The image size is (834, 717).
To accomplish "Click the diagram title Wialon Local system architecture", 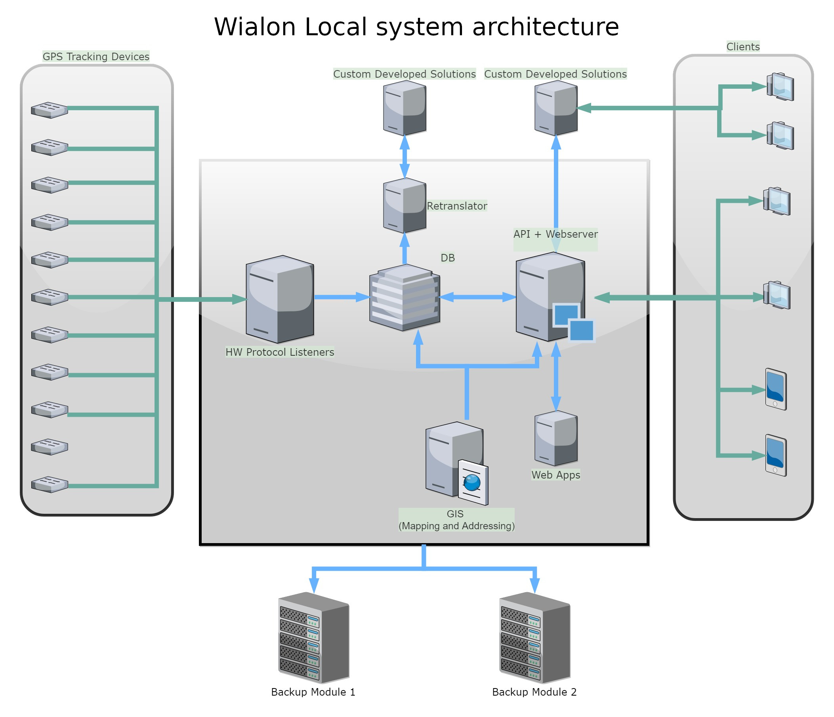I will (x=416, y=27).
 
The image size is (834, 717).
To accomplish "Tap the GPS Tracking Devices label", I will (x=96, y=56).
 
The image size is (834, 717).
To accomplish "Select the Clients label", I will (x=742, y=47).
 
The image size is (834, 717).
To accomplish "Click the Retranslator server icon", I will (x=405, y=205).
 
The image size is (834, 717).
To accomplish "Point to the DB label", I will (x=447, y=257).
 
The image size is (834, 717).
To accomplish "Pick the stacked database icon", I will (x=405, y=298).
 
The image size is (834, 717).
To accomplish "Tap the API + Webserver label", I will (x=555, y=234).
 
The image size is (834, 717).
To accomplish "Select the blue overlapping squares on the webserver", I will (x=574, y=322).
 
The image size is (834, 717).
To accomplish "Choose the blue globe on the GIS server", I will (x=472, y=482).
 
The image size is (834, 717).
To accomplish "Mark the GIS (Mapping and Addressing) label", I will (x=456, y=519).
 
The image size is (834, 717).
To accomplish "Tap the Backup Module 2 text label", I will (x=534, y=692).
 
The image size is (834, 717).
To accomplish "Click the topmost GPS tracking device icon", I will (x=50, y=110).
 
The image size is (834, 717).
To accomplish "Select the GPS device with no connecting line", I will (x=50, y=446).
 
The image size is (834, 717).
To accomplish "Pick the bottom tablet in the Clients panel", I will (x=775, y=455).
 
